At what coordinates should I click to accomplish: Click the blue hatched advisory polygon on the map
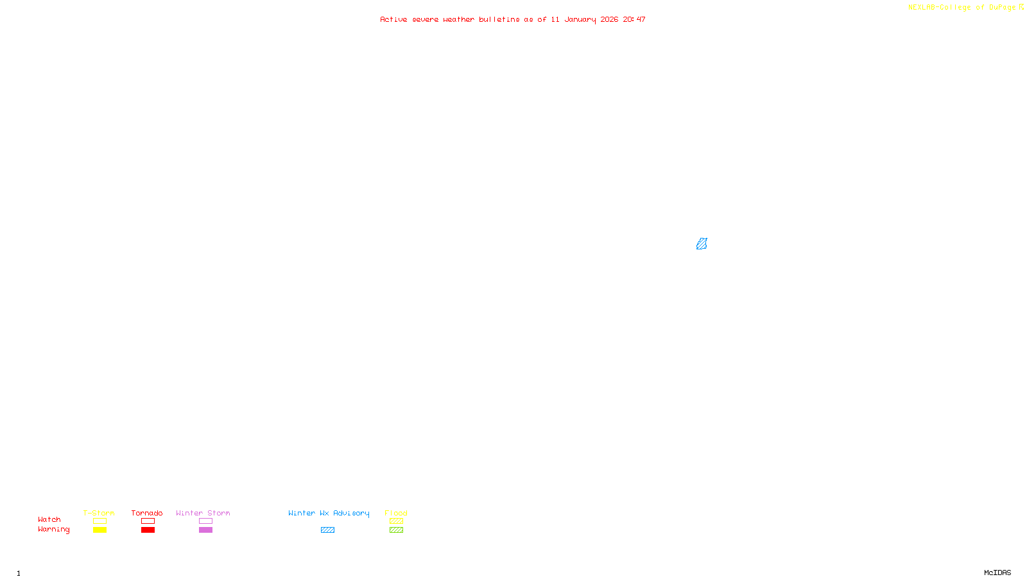pos(702,244)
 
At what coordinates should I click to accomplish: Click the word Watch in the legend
pos(49,519)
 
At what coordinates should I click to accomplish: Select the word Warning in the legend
pos(53,530)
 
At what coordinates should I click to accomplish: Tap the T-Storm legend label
pos(99,513)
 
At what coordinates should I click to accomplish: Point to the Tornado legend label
pos(147,513)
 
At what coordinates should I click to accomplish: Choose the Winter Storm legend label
pos(203,513)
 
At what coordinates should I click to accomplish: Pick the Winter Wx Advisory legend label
pos(329,513)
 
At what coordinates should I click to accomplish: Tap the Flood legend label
pos(396,513)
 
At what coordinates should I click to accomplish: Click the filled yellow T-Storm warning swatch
pos(99,530)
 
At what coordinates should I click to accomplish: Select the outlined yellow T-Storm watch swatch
pos(99,521)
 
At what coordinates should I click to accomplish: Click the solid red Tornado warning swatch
pos(148,530)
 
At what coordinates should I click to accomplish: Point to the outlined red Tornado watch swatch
pos(148,521)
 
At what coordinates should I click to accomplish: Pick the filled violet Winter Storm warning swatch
pos(205,530)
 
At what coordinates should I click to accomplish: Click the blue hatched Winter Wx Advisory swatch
pos(327,530)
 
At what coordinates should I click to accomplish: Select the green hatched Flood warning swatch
pos(396,530)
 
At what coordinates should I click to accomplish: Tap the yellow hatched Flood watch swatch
pos(396,521)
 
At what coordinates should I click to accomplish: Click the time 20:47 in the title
pos(634,19)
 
